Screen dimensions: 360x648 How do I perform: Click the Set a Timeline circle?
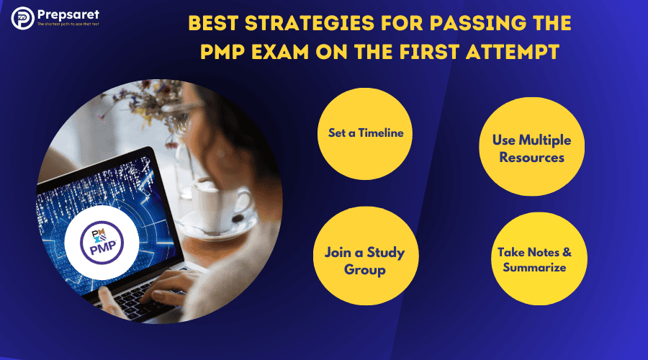[x=361, y=133]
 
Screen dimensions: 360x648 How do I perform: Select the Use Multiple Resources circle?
[x=528, y=148]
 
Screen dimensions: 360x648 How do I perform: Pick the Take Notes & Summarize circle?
[x=531, y=260]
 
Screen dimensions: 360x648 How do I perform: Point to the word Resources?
[x=528, y=156]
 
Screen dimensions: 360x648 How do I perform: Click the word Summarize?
[x=531, y=268]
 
